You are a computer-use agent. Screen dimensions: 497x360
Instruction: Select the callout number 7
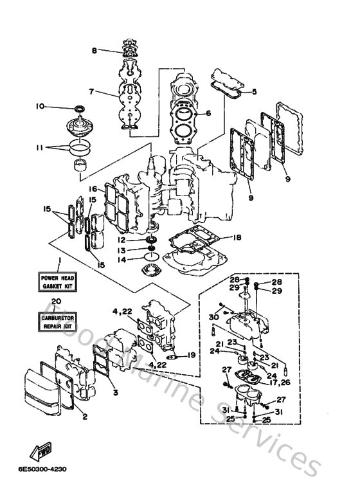(92, 92)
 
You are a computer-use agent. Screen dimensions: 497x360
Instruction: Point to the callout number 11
(40, 147)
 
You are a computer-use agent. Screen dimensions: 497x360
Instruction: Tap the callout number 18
(237, 237)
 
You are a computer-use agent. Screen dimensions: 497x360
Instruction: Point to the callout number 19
(192, 355)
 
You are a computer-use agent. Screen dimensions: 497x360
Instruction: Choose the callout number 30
(213, 316)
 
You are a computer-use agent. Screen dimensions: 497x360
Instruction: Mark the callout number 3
(115, 393)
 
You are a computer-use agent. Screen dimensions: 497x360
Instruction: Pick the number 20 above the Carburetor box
(56, 300)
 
